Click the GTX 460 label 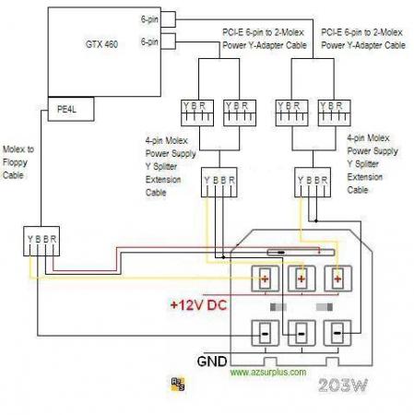tap(101, 44)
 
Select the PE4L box tap(71, 109)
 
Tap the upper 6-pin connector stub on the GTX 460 tap(168, 19)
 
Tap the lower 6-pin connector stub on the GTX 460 tap(168, 41)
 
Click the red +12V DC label tap(199, 305)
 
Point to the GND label tap(212, 362)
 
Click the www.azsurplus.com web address tap(268, 373)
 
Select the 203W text tap(343, 385)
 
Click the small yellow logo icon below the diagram tap(178, 384)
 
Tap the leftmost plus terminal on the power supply tap(265, 279)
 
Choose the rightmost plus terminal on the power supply tap(337, 279)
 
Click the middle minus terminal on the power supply tap(302, 334)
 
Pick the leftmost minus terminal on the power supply tap(265, 334)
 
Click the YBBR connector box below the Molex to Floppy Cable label tap(41, 242)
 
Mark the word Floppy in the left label tap(15, 162)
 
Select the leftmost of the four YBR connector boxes tap(197, 113)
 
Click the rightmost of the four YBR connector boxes tap(334, 113)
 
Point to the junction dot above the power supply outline tap(316, 220)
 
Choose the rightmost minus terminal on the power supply tap(337, 334)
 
